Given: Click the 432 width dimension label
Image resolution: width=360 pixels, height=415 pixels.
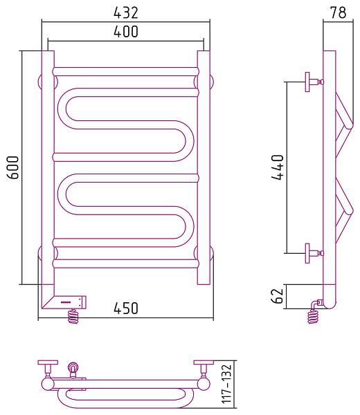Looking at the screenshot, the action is (x=126, y=12).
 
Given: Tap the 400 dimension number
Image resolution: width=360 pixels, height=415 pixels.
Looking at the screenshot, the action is (x=126, y=31).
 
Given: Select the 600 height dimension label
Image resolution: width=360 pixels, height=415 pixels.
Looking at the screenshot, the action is (x=13, y=167).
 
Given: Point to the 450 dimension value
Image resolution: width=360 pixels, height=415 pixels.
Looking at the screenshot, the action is (x=126, y=308).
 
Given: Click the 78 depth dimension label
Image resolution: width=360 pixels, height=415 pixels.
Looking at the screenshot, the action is (x=338, y=12).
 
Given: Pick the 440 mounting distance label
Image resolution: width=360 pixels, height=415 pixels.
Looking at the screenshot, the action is (x=278, y=167).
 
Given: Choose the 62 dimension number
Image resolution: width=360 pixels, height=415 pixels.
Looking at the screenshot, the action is (x=278, y=296).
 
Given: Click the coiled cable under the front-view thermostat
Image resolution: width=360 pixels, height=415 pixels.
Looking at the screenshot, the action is (x=73, y=316).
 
